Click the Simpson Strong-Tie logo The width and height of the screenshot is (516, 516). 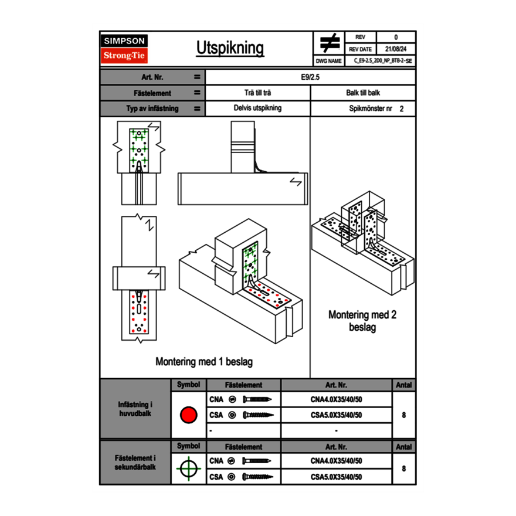[124, 49]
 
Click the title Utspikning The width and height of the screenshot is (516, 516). [230, 48]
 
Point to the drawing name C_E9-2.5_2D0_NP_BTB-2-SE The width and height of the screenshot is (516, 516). [383, 60]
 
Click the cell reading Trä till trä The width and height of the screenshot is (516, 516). [257, 93]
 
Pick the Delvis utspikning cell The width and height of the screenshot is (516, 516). [257, 108]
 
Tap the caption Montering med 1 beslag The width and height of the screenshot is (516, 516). [203, 362]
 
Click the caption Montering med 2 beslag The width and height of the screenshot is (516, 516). [362, 321]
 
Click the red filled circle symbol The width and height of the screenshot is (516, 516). [188, 415]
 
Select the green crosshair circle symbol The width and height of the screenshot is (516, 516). [188, 469]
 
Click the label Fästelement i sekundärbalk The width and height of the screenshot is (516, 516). [135, 463]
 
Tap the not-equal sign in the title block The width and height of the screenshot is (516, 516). [330, 43]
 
